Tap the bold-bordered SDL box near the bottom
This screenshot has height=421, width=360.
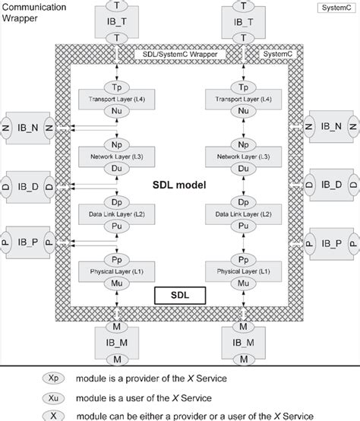(x=180, y=293)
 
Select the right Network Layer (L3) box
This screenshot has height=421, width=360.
(x=244, y=157)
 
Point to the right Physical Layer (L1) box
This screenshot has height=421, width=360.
(x=244, y=272)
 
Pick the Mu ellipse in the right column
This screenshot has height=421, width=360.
(x=244, y=283)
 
